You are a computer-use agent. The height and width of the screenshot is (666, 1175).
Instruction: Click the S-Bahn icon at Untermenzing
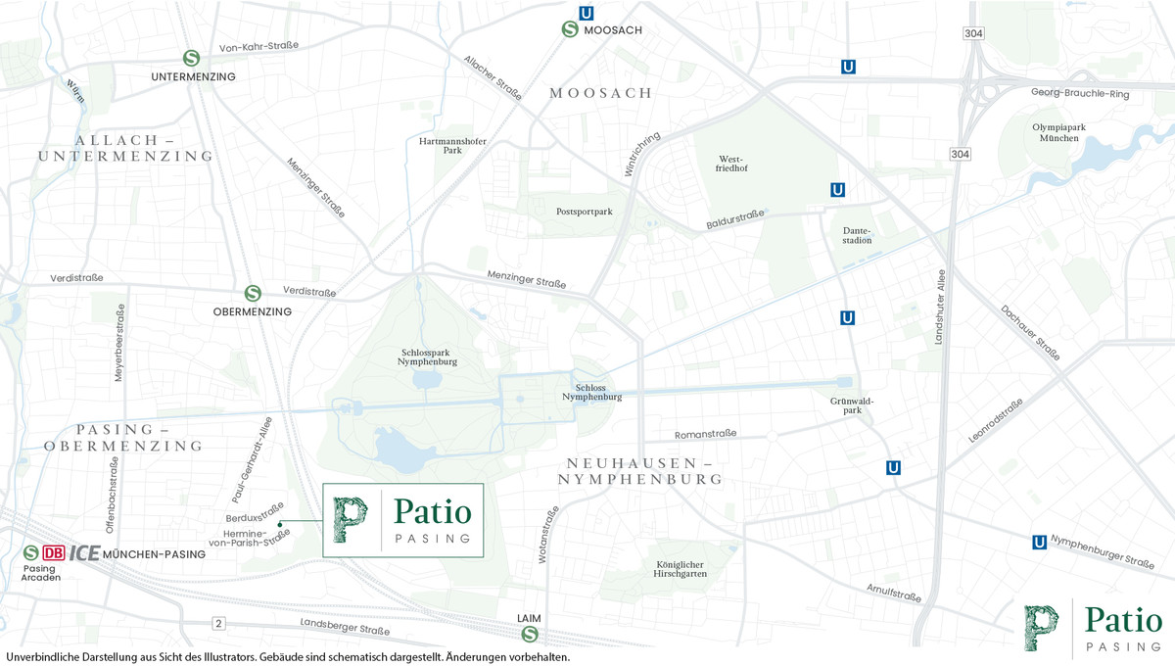click(x=193, y=58)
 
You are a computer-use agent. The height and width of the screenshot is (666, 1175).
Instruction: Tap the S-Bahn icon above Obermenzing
click(x=253, y=293)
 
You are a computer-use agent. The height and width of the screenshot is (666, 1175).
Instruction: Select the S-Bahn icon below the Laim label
click(x=529, y=635)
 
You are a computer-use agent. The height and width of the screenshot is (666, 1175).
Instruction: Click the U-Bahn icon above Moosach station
click(x=587, y=14)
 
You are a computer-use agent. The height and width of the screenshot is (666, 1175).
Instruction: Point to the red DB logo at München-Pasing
click(x=53, y=553)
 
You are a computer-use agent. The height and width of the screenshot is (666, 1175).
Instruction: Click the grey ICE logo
click(x=84, y=553)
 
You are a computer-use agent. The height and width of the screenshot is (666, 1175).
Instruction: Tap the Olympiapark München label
click(x=1055, y=132)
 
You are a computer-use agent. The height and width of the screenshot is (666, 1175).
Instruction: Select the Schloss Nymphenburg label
click(x=591, y=392)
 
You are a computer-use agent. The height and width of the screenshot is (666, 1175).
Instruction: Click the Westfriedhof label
click(x=732, y=163)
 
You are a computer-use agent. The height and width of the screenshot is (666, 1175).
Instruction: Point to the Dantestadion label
click(x=857, y=235)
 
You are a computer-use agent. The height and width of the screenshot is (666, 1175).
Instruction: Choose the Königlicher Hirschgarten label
click(x=681, y=569)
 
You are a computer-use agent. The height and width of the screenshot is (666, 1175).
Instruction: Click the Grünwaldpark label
click(x=851, y=406)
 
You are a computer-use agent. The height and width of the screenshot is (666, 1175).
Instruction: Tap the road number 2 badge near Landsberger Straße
click(x=218, y=624)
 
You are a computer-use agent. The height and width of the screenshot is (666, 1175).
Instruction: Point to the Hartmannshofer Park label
click(x=452, y=145)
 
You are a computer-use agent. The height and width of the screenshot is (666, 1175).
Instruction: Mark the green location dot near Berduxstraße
click(x=280, y=525)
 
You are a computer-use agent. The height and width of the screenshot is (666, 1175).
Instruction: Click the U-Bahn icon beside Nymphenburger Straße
click(x=1039, y=543)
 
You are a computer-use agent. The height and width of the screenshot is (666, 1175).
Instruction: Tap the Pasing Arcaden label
click(x=40, y=573)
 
